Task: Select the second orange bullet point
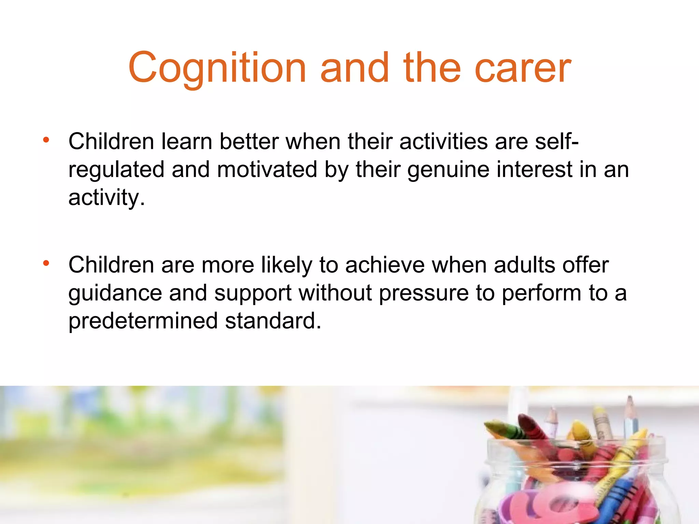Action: point(46,263)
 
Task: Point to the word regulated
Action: point(116,170)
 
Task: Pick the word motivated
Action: point(267,169)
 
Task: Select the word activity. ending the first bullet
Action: point(106,198)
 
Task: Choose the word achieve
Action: point(385,265)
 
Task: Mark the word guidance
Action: point(115,293)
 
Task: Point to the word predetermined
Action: point(143,321)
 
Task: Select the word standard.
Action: point(273,321)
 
